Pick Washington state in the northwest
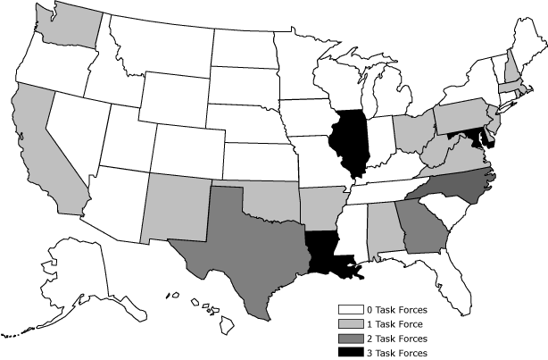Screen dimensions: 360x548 tap(67, 27)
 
